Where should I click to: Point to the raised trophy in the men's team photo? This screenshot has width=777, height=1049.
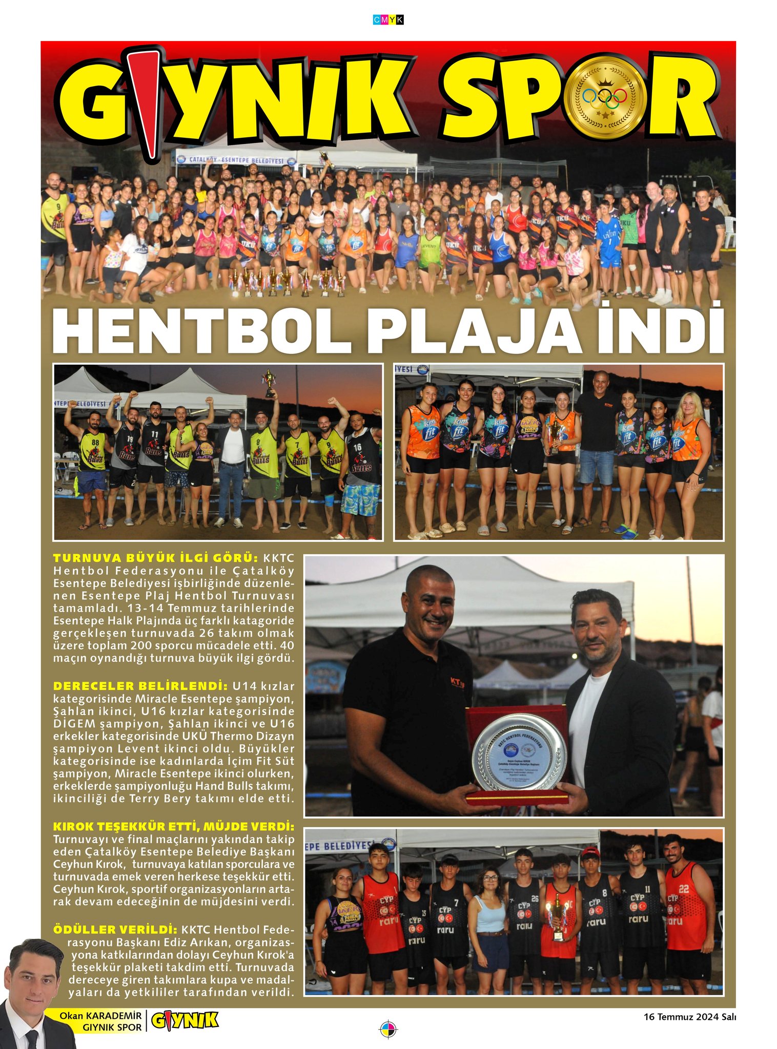click(x=268, y=382)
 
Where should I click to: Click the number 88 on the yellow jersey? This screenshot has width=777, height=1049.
click(x=95, y=442)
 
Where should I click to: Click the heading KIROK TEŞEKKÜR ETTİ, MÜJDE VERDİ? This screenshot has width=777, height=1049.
click(x=174, y=827)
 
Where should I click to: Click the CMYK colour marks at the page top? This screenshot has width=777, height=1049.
click(x=388, y=20)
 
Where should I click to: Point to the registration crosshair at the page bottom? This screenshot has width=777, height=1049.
click(x=388, y=1029)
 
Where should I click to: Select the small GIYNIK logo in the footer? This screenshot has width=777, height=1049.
click(x=185, y=1020)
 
